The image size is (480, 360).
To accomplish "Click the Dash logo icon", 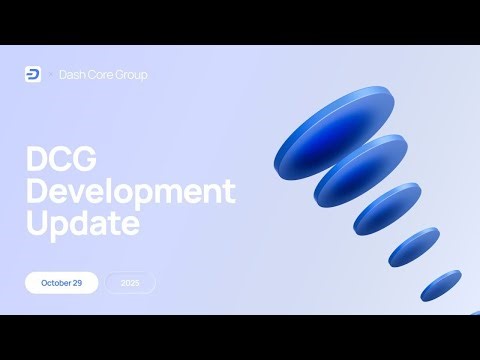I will [x=32, y=74].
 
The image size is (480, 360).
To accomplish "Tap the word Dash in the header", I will [x=72, y=75].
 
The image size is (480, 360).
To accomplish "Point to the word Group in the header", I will [x=131, y=75].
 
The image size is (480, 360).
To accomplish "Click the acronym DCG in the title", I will [x=62, y=159].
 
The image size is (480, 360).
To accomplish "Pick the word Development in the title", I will [x=130, y=191].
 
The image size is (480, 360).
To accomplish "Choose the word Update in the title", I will [x=82, y=223].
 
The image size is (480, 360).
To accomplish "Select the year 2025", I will [x=130, y=283].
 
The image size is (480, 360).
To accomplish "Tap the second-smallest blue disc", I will [x=413, y=249].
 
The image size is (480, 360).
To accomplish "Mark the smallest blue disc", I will [x=440, y=285].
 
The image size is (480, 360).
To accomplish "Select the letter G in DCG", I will [x=87, y=159].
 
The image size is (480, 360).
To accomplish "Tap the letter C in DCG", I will [x=62, y=159].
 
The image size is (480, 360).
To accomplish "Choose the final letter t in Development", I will [x=230, y=190].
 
